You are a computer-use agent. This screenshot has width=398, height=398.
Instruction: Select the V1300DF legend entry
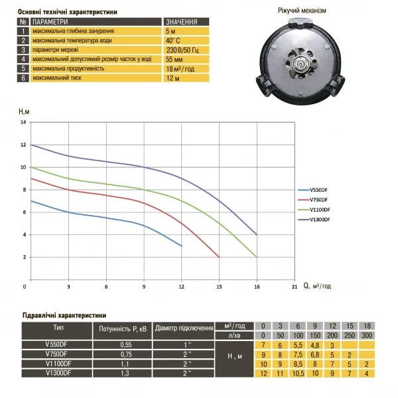pos(319,220)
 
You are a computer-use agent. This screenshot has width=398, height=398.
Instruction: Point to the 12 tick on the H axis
pos(23,145)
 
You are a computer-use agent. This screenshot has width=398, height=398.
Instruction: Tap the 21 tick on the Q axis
pos(294,287)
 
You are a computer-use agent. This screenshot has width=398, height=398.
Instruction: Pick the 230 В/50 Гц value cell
pos(181,50)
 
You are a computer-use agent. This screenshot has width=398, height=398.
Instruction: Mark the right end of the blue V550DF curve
pos(182,245)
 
